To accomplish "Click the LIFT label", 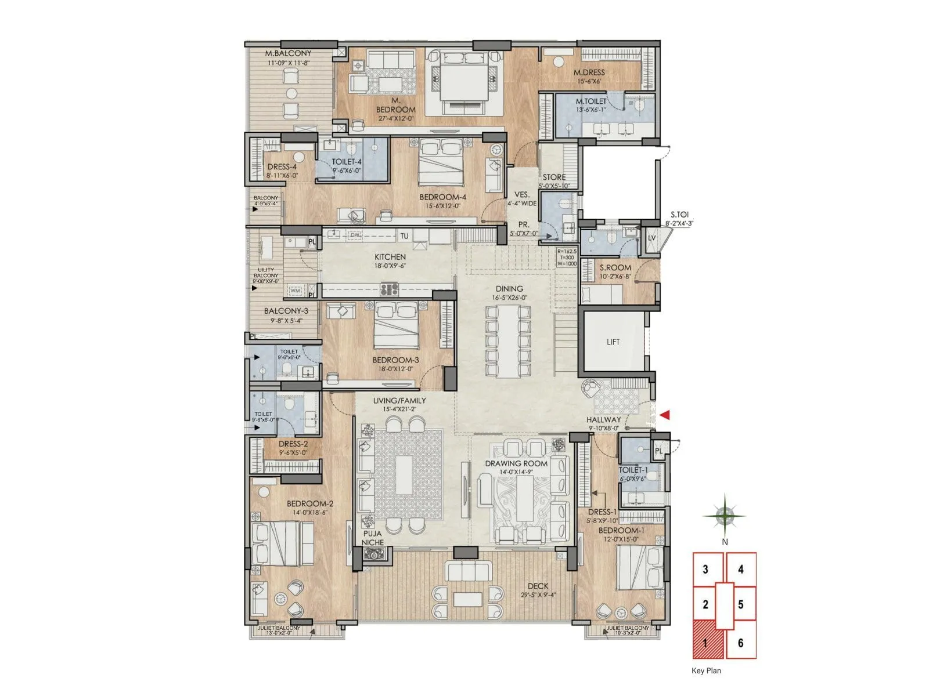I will (613, 342).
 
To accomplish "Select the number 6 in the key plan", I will (740, 643).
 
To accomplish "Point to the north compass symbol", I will (724, 515).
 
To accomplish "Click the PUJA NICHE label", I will (373, 538).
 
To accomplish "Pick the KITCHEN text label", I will (390, 257).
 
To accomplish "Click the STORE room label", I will (554, 177).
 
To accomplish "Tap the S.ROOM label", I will (615, 268).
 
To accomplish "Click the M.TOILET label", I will (591, 101).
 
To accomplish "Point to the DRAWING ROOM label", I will (516, 463).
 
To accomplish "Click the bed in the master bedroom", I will (463, 82).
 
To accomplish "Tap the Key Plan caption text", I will (706, 671).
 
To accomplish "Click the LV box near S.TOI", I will (651, 238).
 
